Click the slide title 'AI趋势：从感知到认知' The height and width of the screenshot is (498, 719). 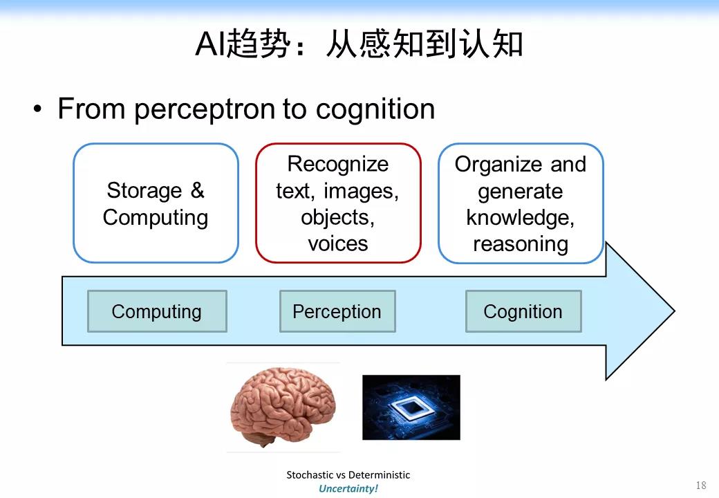[359, 45]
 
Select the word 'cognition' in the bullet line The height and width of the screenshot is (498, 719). [375, 109]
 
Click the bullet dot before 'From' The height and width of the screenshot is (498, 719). [39, 110]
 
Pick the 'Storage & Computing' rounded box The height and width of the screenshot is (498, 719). [156, 203]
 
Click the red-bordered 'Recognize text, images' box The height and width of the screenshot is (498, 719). [338, 203]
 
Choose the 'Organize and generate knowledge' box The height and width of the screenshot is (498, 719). [521, 203]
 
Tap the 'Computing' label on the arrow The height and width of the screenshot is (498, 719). [157, 311]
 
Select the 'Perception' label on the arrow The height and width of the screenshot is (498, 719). [337, 311]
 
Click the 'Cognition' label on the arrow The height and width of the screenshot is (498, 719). [523, 311]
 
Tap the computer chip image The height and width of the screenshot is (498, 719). [411, 407]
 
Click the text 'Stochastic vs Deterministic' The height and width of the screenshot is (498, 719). [348, 475]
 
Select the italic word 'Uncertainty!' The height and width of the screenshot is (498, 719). [348, 488]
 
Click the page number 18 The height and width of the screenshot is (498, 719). [701, 486]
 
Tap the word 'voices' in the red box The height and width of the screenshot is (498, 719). [338, 243]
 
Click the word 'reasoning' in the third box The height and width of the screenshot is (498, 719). [521, 243]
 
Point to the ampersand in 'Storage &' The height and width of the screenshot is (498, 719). [197, 190]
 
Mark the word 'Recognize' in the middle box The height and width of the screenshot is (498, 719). [338, 164]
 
